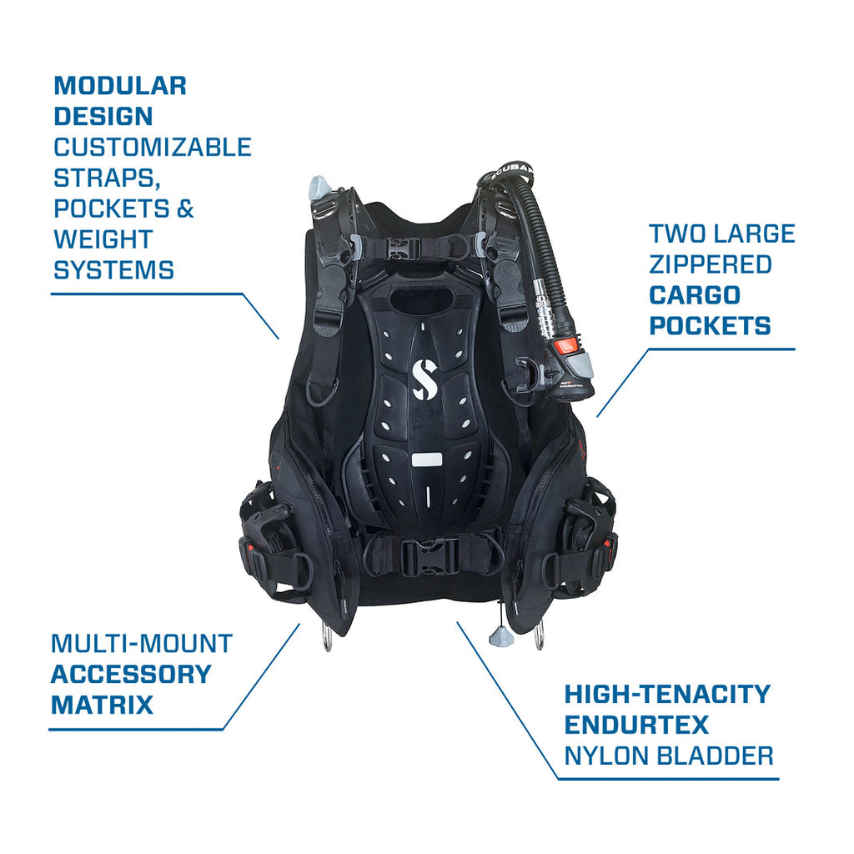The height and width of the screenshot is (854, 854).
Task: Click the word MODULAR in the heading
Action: click(120, 86)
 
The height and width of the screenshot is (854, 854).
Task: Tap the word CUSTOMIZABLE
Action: click(153, 147)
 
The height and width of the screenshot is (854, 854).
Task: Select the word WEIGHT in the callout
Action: click(103, 239)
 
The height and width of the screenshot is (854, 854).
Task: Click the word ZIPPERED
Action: click(711, 264)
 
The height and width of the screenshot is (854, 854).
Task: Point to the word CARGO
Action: click(695, 295)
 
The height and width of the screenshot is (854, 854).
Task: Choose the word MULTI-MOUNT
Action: click(142, 644)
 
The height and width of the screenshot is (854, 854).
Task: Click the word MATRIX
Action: click(102, 705)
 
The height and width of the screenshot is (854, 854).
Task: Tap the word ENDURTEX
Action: click(636, 725)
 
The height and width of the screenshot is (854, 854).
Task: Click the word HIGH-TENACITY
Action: click(668, 695)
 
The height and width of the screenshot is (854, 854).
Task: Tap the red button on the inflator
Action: click(567, 346)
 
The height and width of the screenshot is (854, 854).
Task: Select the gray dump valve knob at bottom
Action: click(500, 635)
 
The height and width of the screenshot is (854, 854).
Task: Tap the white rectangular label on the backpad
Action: click(426, 460)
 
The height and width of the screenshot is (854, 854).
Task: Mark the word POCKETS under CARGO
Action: click(711, 326)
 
